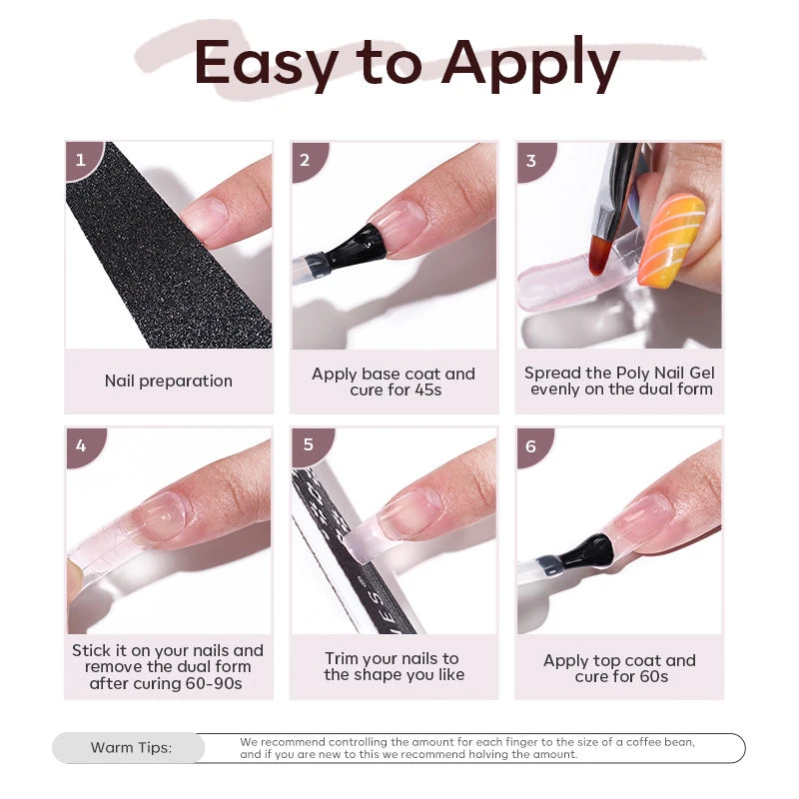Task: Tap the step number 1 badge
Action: coord(81,158)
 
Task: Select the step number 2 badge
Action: coord(306,159)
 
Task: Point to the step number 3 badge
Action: coord(531,160)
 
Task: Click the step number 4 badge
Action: coord(81,444)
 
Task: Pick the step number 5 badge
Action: coord(307,444)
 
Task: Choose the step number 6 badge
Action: coord(531,445)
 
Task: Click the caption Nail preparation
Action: coord(168,381)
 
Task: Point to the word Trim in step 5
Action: coord(344,658)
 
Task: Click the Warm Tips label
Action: coord(131,748)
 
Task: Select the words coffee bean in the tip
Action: coord(656,742)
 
